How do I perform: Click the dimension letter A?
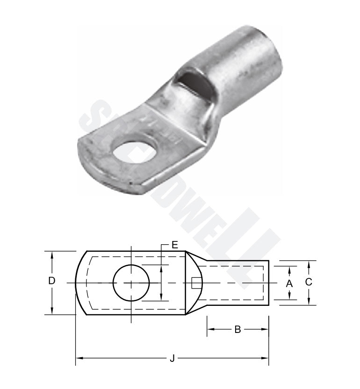(x=289, y=283)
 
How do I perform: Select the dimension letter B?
(x=238, y=329)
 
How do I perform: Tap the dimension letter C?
(x=308, y=283)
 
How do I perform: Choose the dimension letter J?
(x=172, y=359)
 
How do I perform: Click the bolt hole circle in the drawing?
(x=131, y=283)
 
